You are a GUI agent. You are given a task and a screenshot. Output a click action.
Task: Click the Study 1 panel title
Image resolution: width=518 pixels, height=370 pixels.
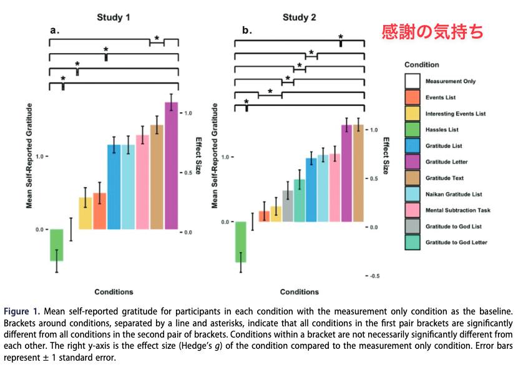[114, 17]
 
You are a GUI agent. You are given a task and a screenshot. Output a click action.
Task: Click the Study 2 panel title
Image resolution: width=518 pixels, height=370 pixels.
[300, 17]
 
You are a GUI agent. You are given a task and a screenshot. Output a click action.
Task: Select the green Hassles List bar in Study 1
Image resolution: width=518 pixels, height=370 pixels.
[57, 245]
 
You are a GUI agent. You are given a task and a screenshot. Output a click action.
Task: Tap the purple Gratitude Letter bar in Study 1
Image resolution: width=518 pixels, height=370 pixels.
[172, 165]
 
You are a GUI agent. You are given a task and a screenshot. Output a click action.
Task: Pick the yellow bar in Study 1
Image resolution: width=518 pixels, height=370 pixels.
[86, 213]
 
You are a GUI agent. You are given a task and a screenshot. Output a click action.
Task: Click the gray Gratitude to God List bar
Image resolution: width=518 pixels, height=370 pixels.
[288, 206]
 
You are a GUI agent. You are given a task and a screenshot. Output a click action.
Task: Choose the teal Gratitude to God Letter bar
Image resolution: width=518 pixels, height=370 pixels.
[300, 200]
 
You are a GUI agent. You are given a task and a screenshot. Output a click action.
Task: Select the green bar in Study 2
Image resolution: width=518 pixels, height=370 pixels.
[241, 242]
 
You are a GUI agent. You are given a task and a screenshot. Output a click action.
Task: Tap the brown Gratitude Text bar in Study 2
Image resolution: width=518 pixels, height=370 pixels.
[358, 173]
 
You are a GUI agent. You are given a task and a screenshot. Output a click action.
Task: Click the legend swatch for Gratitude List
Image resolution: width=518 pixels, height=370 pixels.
[413, 145]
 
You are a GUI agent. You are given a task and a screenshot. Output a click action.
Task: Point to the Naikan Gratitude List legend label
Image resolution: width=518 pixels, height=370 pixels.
[454, 194]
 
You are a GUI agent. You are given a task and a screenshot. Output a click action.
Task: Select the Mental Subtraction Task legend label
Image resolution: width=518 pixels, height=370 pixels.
[458, 210]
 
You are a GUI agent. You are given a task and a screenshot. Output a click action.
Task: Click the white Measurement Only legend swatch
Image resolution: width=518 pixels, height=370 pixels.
[413, 81]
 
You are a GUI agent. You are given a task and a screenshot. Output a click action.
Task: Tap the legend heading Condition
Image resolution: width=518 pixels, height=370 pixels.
[422, 65]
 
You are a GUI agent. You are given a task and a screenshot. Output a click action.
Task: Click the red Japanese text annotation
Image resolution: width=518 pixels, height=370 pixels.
[432, 32]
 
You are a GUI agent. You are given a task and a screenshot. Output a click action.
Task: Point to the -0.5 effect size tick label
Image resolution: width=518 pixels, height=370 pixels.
[374, 276]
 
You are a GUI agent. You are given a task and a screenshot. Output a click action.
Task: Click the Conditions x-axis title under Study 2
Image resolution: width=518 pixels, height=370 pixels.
[300, 292]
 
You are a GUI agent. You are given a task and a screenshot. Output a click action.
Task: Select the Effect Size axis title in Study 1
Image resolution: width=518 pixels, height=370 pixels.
[198, 155]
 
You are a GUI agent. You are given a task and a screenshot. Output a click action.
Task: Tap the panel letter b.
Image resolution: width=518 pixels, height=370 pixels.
[247, 31]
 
